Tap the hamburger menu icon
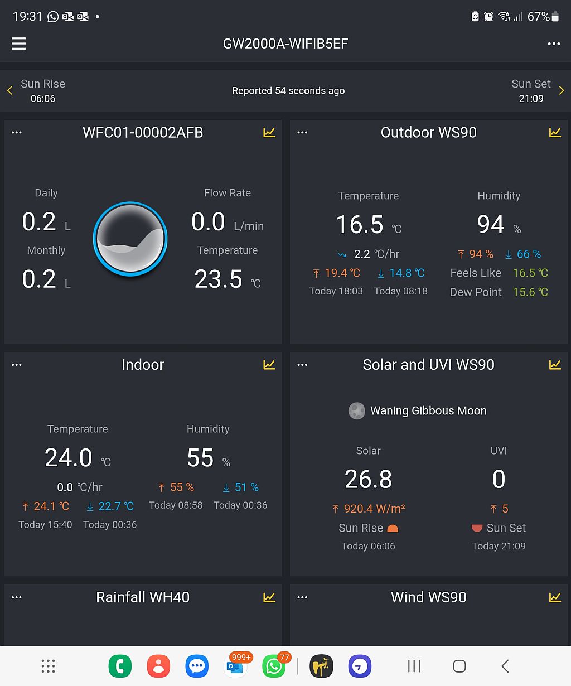[19, 44]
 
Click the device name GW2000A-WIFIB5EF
[285, 44]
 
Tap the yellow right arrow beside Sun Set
[561, 91]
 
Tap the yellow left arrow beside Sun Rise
[10, 91]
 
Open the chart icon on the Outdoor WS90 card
[555, 132]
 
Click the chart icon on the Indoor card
[269, 365]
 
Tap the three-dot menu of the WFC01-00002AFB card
[17, 133]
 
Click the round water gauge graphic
[130, 239]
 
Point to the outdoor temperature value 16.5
[360, 225]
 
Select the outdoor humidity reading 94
[491, 225]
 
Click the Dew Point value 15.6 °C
[530, 292]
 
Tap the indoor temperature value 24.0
[69, 458]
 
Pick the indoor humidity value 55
[200, 458]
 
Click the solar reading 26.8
[368, 479]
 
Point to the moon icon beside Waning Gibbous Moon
[357, 411]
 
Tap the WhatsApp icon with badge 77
[274, 666]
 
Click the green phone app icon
[120, 666]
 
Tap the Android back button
[505, 666]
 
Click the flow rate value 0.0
[208, 222]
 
